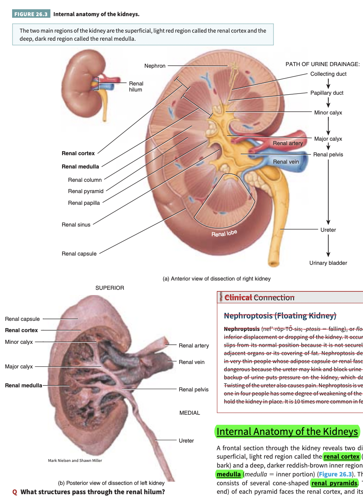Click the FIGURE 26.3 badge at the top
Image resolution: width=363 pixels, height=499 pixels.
(31, 14)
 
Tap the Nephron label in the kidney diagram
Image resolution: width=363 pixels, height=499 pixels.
(155, 66)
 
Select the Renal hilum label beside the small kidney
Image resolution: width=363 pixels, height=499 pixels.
(136, 86)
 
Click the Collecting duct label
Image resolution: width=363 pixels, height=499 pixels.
(328, 74)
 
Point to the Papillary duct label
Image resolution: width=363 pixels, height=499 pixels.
(327, 93)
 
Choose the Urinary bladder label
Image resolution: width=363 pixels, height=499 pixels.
(328, 263)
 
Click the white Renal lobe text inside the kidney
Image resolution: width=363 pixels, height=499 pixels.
(224, 233)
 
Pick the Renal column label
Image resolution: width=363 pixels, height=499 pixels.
(85, 180)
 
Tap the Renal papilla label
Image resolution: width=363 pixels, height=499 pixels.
(83, 203)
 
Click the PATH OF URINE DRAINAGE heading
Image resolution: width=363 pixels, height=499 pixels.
(322, 64)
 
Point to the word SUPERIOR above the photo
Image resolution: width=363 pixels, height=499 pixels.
(110, 288)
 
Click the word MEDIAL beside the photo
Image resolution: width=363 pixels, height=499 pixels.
(190, 413)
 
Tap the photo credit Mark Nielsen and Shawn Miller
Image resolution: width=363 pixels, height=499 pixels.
(75, 460)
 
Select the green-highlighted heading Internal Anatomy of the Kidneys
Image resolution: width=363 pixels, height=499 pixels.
(287, 432)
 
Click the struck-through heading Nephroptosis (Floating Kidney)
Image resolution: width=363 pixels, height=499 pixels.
(280, 315)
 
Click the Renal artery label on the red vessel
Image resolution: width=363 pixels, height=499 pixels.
(288, 143)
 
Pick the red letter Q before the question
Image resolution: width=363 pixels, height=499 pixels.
(15, 492)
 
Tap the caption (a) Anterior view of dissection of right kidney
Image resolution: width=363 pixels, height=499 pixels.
(216, 279)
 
